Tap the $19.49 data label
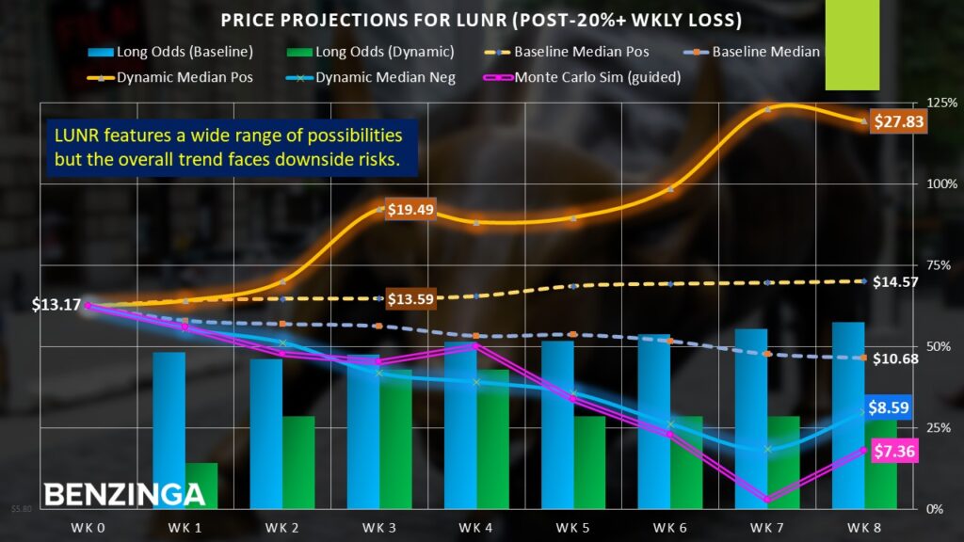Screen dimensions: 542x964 tap(410, 210)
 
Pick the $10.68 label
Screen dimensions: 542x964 tap(895, 359)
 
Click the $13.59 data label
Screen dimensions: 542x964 tap(410, 300)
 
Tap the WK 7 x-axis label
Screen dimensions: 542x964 tap(767, 527)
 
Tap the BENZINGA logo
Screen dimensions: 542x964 tap(124, 494)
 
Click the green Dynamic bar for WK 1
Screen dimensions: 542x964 tap(201, 486)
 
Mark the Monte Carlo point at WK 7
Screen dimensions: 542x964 tap(767, 500)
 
